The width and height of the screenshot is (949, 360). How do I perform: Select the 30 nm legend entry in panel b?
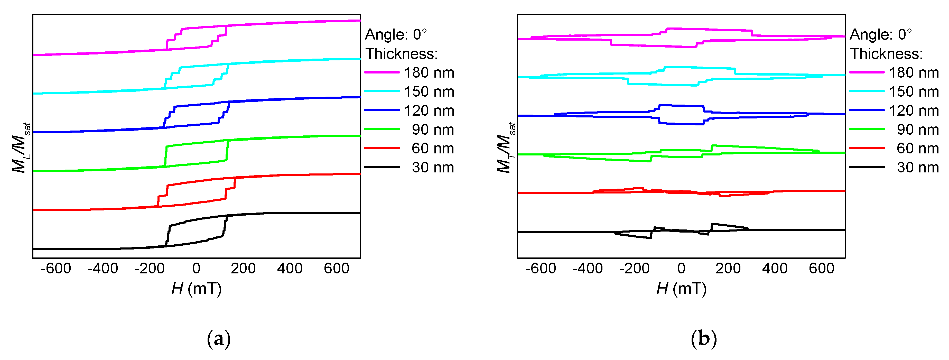917,167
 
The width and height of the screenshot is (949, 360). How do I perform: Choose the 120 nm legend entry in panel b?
914,110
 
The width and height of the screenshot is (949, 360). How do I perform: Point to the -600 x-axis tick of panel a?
56,268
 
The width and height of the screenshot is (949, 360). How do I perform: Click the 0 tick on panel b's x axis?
681,268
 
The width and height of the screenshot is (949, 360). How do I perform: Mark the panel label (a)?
219,338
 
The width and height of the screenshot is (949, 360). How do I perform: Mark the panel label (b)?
704,338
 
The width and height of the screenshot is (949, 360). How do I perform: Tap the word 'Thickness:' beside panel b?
886,54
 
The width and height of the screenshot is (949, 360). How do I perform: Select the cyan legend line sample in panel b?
867,91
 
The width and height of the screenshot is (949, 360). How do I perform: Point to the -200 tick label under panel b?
634,268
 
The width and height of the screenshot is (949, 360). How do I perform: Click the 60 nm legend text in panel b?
917,149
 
